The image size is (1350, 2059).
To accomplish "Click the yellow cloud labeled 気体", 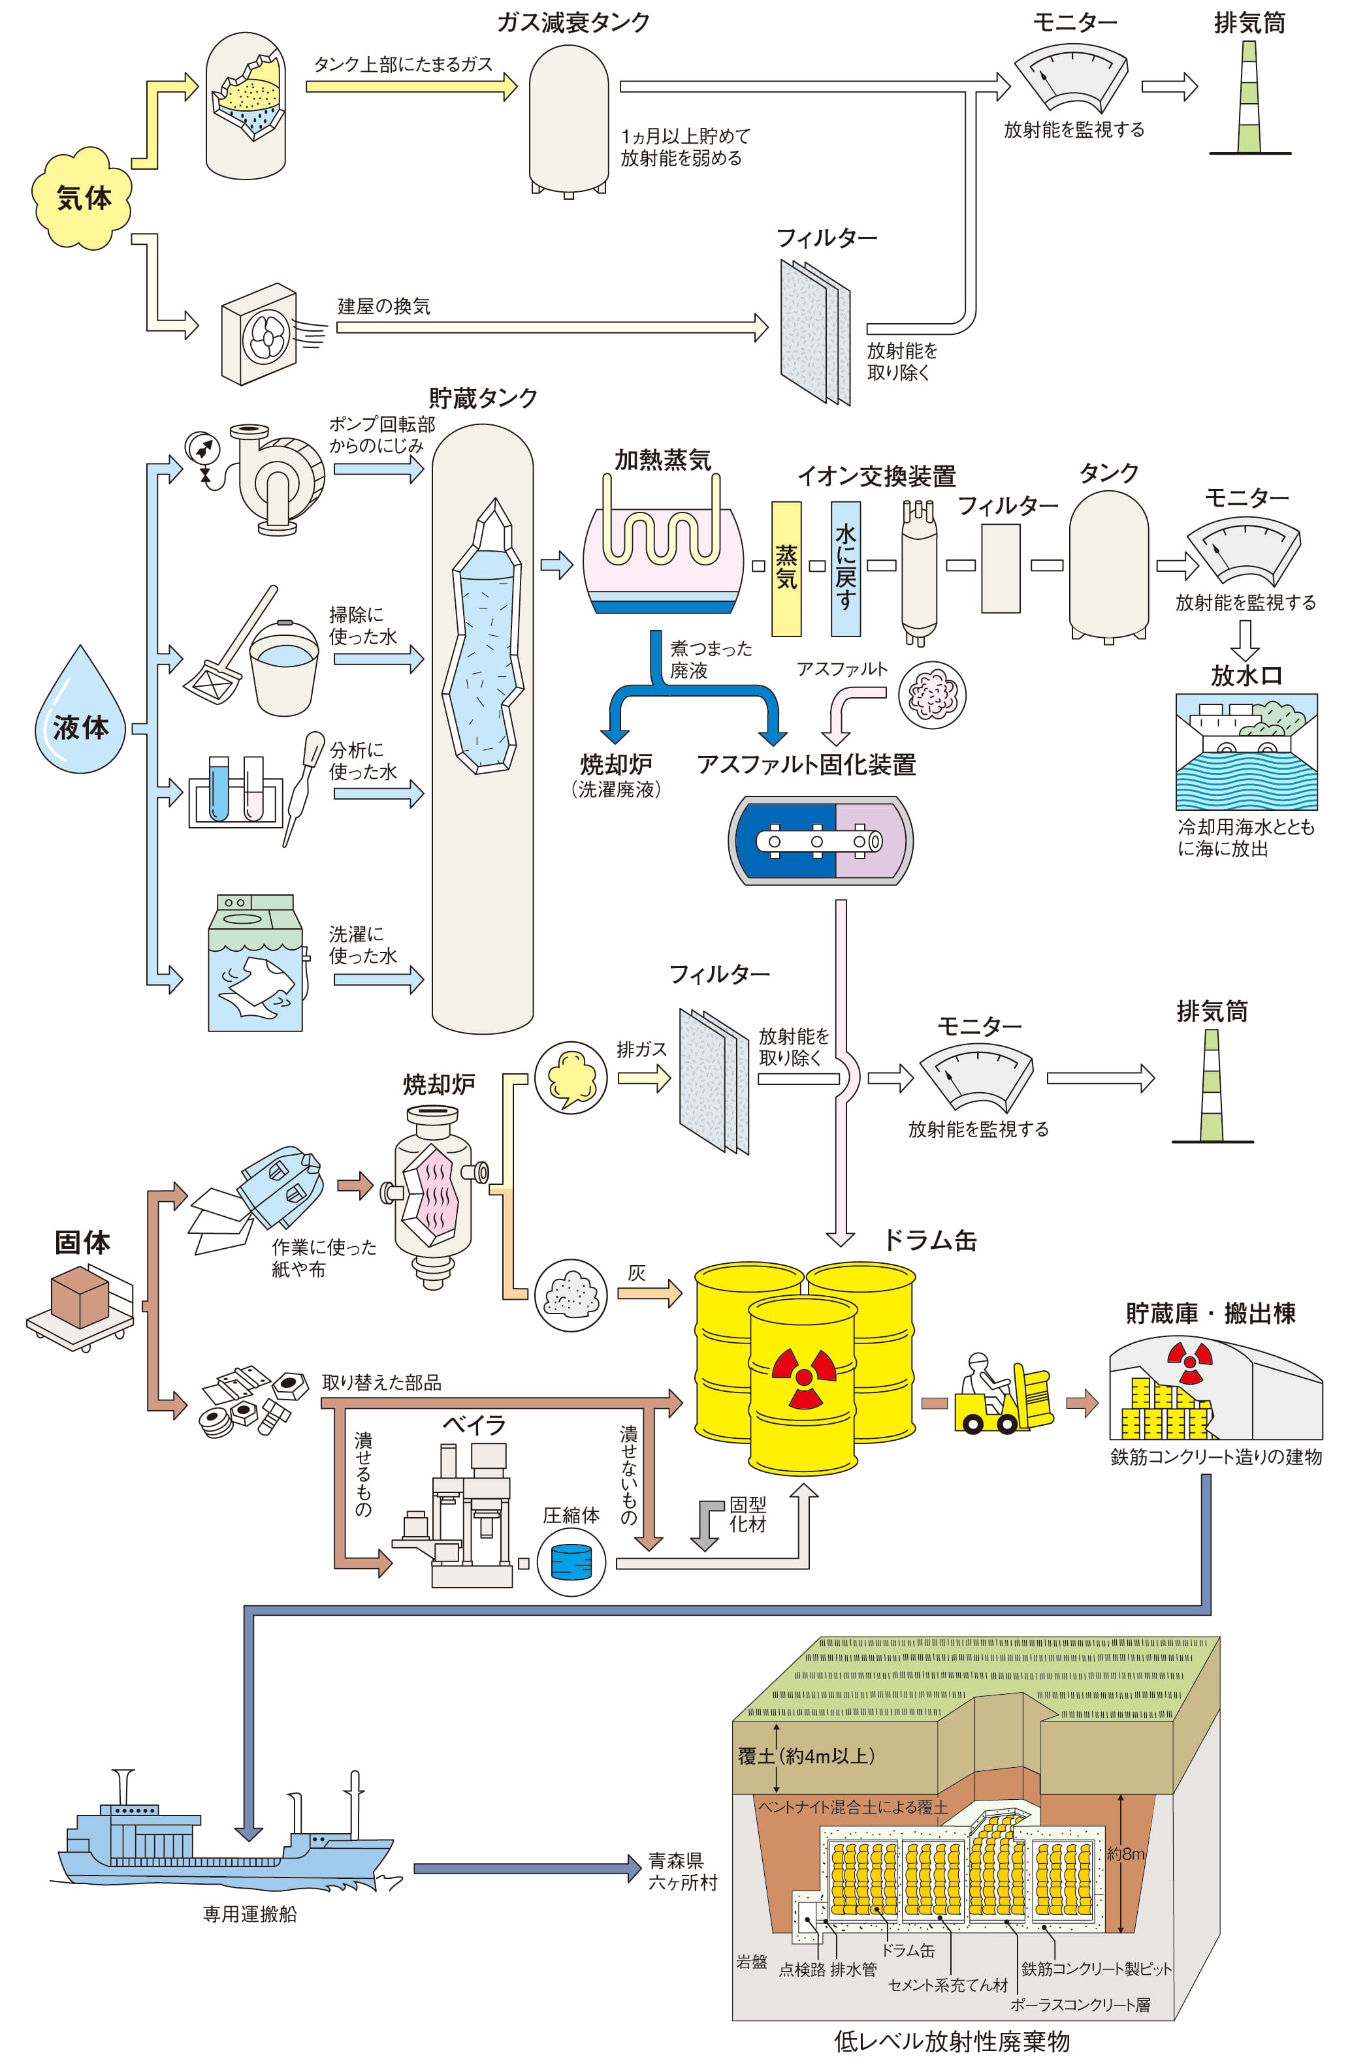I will coord(83,198).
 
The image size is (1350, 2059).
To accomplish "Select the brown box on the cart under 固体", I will coord(80,1298).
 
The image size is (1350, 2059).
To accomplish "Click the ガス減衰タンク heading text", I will coord(573,22).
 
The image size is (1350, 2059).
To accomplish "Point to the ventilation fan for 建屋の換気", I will coord(260,334).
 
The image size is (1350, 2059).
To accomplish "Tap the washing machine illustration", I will coord(255,963).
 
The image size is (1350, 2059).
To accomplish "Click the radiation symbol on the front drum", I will coord(804,1375).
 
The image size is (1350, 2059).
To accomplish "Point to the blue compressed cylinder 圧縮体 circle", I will coord(571,1562).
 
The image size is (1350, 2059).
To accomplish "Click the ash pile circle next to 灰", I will coord(570,1295).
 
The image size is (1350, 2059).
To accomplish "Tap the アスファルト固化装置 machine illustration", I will coord(820,841).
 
